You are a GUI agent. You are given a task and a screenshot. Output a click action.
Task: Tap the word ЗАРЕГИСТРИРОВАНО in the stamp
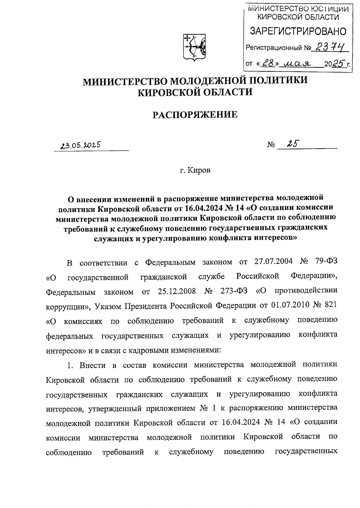point(298,31)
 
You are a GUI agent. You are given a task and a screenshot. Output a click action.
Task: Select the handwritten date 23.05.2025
point(80,146)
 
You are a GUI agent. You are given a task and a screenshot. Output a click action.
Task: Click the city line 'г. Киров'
point(195,171)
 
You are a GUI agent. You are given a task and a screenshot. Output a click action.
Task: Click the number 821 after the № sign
point(330,305)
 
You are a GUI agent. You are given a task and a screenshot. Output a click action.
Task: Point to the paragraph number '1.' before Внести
point(70,365)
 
